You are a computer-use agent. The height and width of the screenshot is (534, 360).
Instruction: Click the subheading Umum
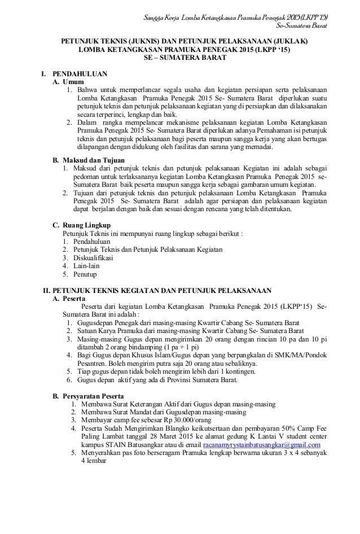[x=72, y=82]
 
